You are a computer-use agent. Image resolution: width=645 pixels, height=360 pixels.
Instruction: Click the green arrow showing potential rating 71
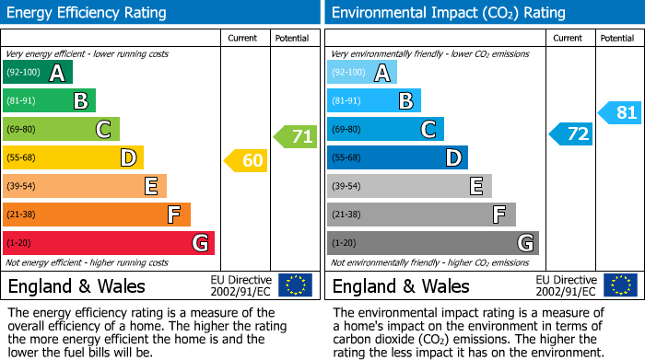pyautogui.click(x=296, y=137)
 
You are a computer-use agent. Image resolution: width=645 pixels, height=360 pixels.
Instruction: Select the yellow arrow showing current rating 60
pyautogui.click(x=247, y=161)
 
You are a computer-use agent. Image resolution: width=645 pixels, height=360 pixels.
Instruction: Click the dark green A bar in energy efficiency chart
pyautogui.click(x=37, y=73)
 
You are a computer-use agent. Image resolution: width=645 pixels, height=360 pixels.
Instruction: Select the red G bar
pyautogui.click(x=108, y=243)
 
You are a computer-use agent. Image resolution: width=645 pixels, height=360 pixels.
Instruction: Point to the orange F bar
pyautogui.click(x=96, y=215)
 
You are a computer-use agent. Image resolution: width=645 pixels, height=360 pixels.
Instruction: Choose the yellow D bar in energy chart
pyautogui.click(x=73, y=158)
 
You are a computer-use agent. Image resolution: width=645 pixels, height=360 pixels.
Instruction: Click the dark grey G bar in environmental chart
pyautogui.click(x=432, y=243)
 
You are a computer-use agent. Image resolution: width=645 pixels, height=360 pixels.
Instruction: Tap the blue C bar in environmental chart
pyautogui.click(x=384, y=130)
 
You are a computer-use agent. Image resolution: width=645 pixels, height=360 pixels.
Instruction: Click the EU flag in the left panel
pyautogui.click(x=295, y=285)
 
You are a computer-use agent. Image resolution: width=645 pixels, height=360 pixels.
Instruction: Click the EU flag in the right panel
pyautogui.click(x=619, y=285)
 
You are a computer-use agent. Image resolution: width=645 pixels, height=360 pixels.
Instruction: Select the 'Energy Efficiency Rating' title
pyautogui.click(x=88, y=13)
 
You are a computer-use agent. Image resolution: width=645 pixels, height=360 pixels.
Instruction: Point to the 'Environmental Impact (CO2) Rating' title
pyautogui.click(x=448, y=13)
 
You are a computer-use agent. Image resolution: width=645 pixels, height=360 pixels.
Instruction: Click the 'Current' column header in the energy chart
pyautogui.click(x=242, y=38)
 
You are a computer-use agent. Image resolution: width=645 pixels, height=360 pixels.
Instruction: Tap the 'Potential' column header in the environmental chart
pyautogui.click(x=616, y=38)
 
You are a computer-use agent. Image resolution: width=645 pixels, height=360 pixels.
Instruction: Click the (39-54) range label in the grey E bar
pyautogui.click(x=347, y=187)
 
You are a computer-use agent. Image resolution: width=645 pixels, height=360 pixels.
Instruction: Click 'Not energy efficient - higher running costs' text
pyautogui.click(x=88, y=262)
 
